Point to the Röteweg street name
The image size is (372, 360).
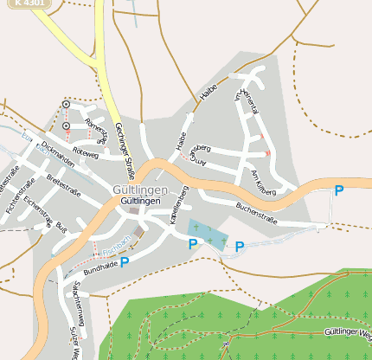click(87, 153)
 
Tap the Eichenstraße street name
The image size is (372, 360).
click(40, 214)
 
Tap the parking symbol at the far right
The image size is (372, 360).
click(339, 190)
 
